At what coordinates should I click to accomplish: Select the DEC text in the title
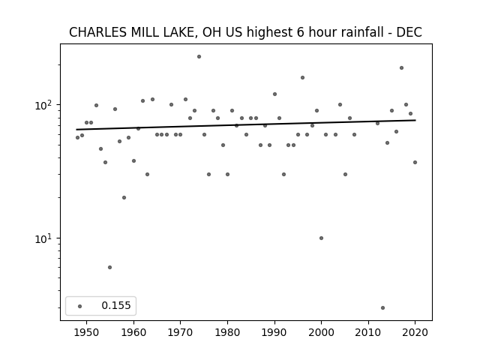(409, 32)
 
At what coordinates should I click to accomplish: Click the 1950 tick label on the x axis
(87, 332)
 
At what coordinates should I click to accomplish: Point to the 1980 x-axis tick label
(227, 332)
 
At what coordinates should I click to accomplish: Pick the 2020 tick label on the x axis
(415, 332)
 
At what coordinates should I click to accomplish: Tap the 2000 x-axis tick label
(321, 332)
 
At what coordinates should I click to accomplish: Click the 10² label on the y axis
(45, 105)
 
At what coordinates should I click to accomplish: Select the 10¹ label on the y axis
(45, 238)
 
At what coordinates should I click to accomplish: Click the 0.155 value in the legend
(116, 305)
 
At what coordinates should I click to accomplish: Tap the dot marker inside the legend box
(80, 306)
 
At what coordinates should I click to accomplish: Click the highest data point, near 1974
(199, 57)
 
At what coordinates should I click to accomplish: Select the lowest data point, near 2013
(382, 308)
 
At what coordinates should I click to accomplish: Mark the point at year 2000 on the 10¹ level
(321, 238)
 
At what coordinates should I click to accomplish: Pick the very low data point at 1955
(110, 267)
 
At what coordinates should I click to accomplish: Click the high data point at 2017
(401, 68)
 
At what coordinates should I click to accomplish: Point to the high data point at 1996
(302, 78)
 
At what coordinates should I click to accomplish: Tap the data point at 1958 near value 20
(124, 198)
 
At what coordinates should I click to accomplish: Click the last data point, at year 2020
(415, 163)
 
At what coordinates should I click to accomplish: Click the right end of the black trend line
(415, 120)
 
